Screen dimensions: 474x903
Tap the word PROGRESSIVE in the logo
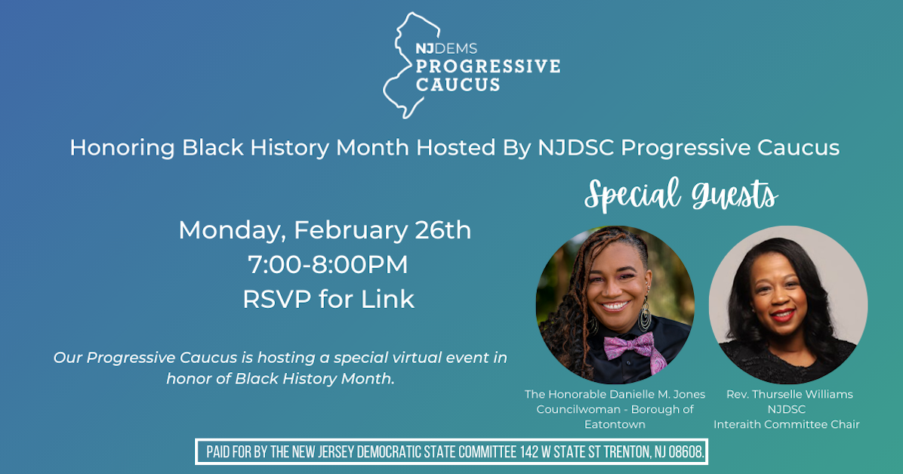coord(488,66)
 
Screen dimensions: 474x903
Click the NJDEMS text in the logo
coord(445,49)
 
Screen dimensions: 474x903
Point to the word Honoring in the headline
coord(122,147)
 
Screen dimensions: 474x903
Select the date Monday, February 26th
coord(325,229)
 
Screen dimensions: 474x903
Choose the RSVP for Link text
coord(328,299)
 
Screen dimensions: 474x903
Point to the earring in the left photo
coord(646,313)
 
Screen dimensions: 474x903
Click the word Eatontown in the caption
coord(615,424)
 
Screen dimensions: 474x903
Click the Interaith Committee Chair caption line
coord(786,424)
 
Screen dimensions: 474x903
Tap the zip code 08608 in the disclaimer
coord(684,452)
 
